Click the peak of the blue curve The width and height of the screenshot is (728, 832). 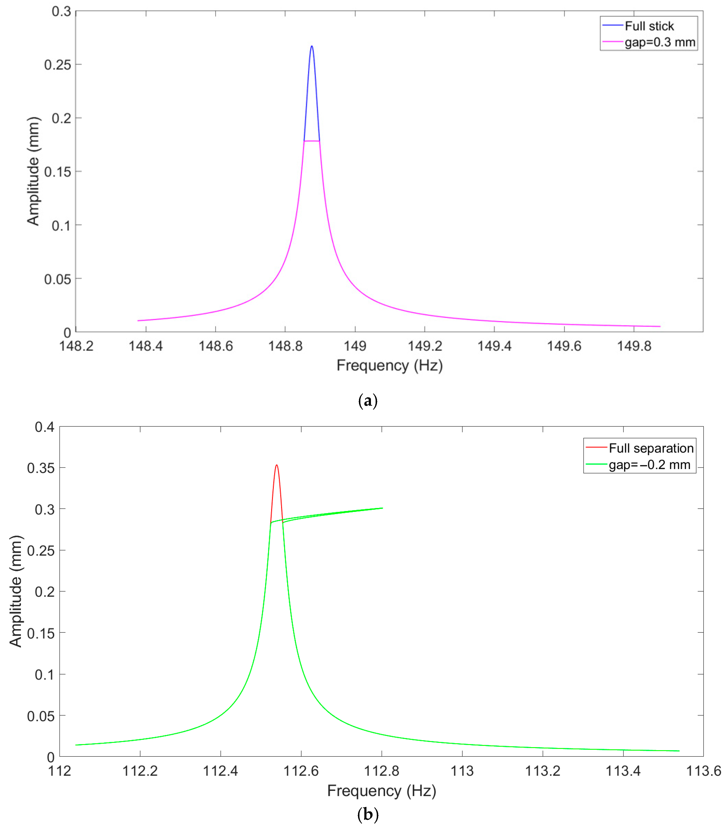(312, 46)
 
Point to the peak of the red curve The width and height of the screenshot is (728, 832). (277, 465)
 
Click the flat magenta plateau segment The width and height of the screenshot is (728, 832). (312, 141)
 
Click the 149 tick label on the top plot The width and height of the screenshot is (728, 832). (355, 346)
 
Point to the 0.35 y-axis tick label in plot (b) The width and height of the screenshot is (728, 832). (41, 468)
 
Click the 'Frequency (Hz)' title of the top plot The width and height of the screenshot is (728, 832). (389, 365)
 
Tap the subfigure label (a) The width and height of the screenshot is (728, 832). (368, 401)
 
